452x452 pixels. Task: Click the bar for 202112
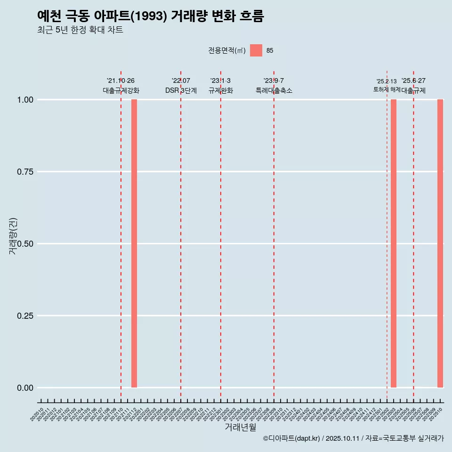pyautogui.click(x=134, y=243)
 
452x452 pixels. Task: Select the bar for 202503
pyautogui.click(x=394, y=243)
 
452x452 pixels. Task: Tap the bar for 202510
pyautogui.click(x=440, y=243)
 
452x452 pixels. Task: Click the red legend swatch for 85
pyautogui.click(x=256, y=50)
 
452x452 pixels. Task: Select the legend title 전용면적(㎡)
pyautogui.click(x=227, y=50)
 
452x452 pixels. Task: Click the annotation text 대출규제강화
pyautogui.click(x=121, y=90)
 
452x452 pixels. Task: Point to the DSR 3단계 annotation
pyautogui.click(x=181, y=90)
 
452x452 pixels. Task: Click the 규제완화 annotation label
pyautogui.click(x=221, y=90)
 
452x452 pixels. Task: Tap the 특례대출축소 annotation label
pyautogui.click(x=274, y=90)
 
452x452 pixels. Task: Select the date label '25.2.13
pyautogui.click(x=387, y=81)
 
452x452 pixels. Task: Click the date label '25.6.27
pyautogui.click(x=413, y=81)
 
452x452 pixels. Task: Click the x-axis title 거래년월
pyautogui.click(x=240, y=427)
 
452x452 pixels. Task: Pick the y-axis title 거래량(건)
pyautogui.click(x=13, y=236)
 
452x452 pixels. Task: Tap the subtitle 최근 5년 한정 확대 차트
pyautogui.click(x=80, y=30)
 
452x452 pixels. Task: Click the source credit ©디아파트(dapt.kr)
pyautogui.click(x=292, y=438)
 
